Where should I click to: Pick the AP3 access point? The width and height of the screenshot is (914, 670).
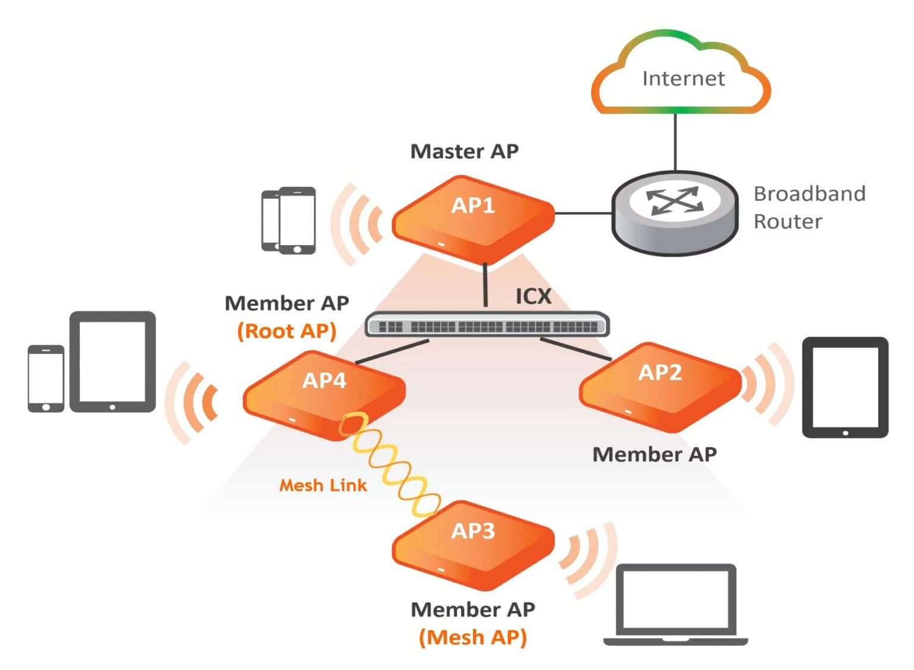pyautogui.click(x=473, y=544)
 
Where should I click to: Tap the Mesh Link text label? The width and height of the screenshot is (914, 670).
pyautogui.click(x=323, y=486)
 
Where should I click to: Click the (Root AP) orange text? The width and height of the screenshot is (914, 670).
pyautogui.click(x=287, y=331)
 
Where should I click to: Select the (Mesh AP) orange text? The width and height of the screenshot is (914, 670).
pyautogui.click(x=473, y=637)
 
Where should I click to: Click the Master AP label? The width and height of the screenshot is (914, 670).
pyautogui.click(x=465, y=151)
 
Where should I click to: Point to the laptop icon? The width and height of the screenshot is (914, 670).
pyautogui.click(x=675, y=604)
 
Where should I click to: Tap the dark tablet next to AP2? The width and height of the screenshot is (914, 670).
pyautogui.click(x=845, y=387)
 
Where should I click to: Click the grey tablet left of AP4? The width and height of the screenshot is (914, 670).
pyautogui.click(x=112, y=361)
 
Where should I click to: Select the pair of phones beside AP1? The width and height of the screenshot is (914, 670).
pyautogui.click(x=289, y=220)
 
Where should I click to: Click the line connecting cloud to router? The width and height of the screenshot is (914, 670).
pyautogui.click(x=675, y=142)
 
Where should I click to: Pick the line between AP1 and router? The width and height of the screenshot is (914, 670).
pyautogui.click(x=583, y=212)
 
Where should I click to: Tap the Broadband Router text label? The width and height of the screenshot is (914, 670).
pyautogui.click(x=809, y=207)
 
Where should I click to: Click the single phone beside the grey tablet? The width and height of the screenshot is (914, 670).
pyautogui.click(x=46, y=378)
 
